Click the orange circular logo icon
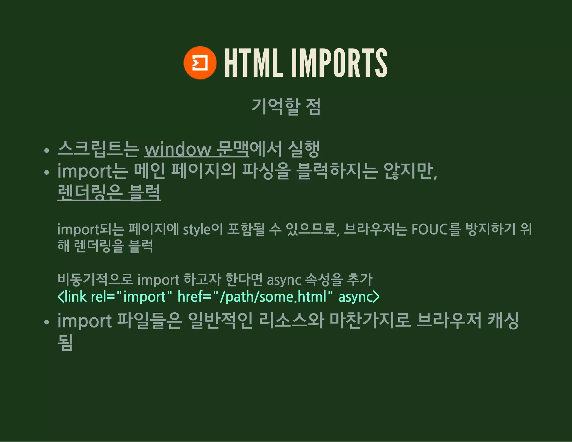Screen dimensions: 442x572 tap(200, 63)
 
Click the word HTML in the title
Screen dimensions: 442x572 tap(253, 63)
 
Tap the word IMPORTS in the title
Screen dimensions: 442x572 tap(339, 63)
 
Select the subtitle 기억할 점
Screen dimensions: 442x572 tap(286, 107)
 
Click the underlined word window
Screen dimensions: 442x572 tap(178, 149)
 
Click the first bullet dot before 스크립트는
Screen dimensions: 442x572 tap(47, 151)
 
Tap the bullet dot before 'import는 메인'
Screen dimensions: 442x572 tap(47, 172)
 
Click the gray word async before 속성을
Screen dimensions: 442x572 tap(284, 280)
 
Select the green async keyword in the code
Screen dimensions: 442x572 tap(356, 297)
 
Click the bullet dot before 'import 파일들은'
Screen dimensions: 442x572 tap(47, 322)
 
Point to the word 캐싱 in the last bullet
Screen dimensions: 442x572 tap(503, 321)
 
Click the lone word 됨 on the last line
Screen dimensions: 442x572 tap(65, 342)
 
